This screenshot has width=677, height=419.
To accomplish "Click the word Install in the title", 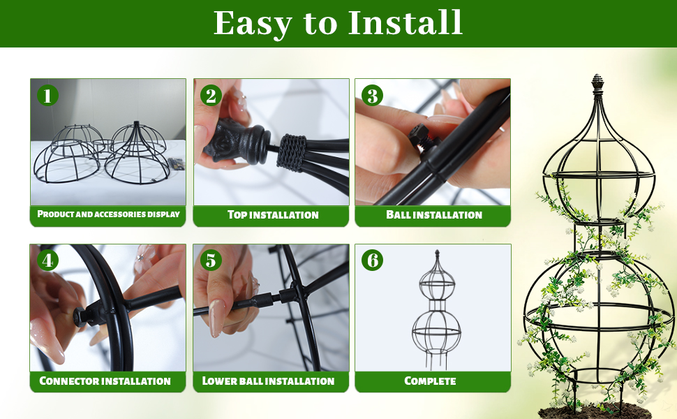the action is (405, 22).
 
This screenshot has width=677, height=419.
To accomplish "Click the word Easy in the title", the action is (253, 24).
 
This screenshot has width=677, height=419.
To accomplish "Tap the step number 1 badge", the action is (47, 96).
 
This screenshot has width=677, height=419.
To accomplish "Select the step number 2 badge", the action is (211, 96).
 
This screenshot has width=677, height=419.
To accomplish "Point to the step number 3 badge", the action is (372, 96).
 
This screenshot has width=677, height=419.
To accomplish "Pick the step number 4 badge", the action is (47, 260).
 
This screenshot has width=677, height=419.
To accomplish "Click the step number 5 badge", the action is (211, 260).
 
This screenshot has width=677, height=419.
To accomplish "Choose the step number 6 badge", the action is (372, 260).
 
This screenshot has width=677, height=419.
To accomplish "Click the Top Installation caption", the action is (273, 214).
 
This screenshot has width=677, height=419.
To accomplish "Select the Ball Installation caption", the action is (434, 214).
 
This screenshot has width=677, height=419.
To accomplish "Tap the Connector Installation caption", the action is (105, 381).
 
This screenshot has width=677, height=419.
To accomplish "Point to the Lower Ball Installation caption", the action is (268, 381).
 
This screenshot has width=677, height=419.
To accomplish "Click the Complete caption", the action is (430, 381).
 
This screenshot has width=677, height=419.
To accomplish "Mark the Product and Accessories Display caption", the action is (108, 214).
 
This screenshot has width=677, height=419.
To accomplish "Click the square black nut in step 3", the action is (420, 135).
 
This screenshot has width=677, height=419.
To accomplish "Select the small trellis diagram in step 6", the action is (436, 310).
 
